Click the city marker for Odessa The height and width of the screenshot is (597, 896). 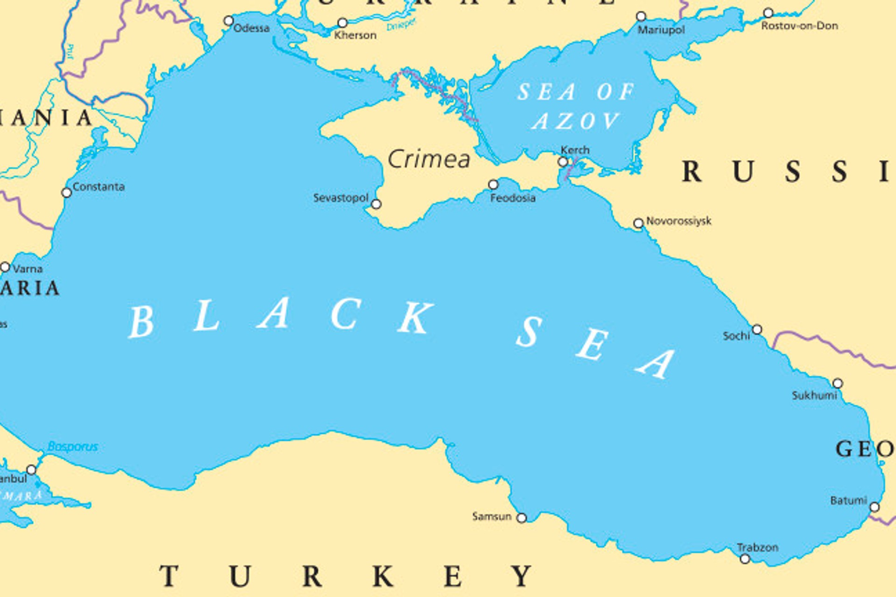pos(229,21)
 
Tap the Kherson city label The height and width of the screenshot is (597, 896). pos(355,35)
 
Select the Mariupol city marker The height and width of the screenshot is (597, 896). pos(641,17)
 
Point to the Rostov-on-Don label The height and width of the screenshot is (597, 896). pos(799,26)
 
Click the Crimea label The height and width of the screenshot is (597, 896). pos(429,160)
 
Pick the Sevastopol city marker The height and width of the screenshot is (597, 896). pos(376,204)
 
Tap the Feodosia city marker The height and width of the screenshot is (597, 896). pos(493,185)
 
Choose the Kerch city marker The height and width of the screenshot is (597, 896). pos(563,162)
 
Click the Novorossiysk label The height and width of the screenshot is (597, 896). pos(679,221)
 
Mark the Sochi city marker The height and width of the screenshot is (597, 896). pos(757,330)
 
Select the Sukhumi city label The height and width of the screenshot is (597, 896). pos(814,396)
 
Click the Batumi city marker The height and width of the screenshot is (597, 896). pos(875,507)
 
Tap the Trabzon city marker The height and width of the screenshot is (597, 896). pos(745,559)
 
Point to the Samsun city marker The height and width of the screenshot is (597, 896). pos(522,518)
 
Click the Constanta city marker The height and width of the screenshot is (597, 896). pos(67,193)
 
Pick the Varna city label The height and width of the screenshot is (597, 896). pos(28,269)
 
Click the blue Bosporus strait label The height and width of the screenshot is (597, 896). pos(73,447)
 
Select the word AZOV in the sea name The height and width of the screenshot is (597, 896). pos(576,121)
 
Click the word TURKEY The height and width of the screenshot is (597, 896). pos(345,576)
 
